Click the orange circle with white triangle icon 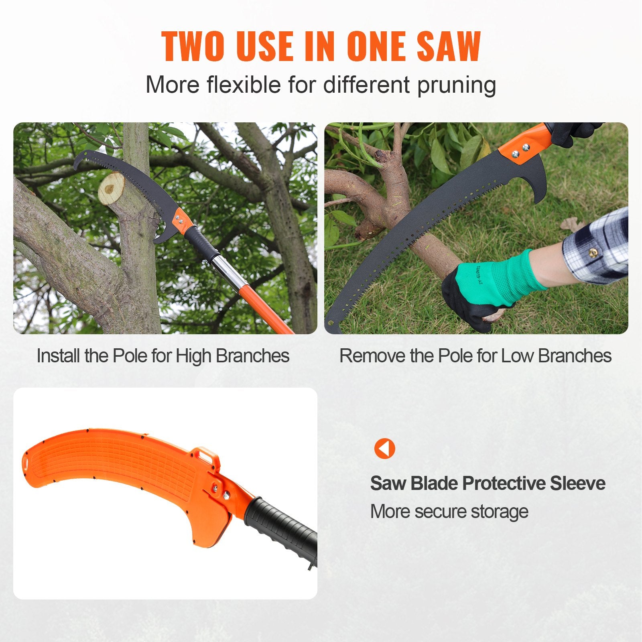384,448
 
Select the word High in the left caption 194,356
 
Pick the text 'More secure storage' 449,512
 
